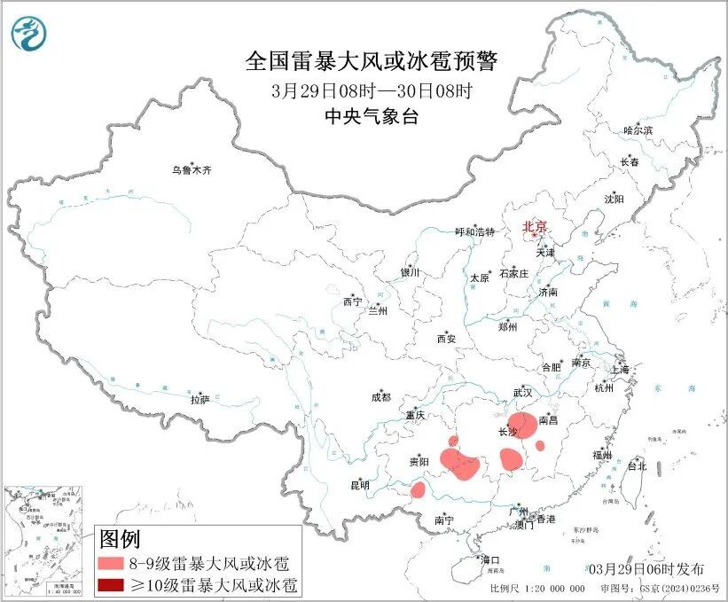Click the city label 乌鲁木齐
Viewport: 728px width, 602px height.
coord(192,170)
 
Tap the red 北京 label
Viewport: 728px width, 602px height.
coord(535,226)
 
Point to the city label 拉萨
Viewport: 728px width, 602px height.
coord(200,400)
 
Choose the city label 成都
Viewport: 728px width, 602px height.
coord(381,398)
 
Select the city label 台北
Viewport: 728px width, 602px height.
coord(637,465)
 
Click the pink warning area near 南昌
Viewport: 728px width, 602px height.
coord(522,425)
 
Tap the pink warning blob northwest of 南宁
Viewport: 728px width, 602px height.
coord(418,489)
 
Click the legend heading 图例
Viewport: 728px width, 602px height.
coord(119,538)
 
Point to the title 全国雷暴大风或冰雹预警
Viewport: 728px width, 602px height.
coord(372,63)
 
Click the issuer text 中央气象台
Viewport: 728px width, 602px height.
coord(372,116)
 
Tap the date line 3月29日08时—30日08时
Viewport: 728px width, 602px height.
coord(372,91)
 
